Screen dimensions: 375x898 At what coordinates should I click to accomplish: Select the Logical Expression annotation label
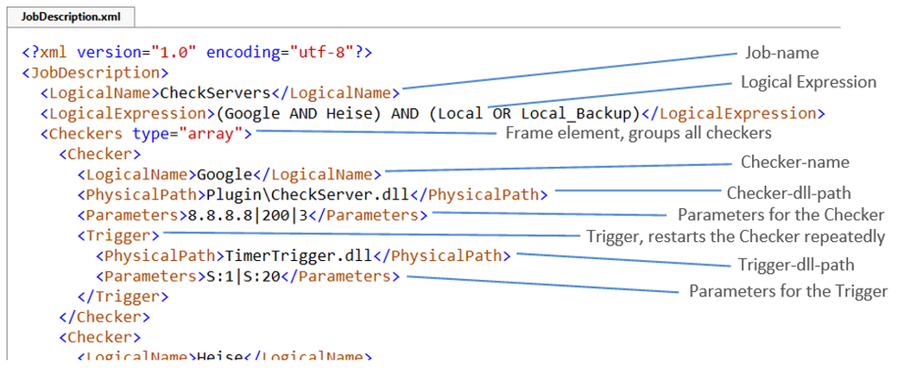[x=808, y=82]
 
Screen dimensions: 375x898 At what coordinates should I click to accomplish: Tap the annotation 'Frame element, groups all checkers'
[x=637, y=133]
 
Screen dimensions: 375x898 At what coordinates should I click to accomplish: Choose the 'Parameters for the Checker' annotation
[x=781, y=214]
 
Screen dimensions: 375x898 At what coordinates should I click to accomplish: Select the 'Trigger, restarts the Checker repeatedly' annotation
[x=736, y=236]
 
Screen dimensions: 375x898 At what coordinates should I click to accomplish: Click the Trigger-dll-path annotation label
[x=795, y=264]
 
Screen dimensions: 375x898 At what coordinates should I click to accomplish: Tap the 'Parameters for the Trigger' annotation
[x=787, y=292]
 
